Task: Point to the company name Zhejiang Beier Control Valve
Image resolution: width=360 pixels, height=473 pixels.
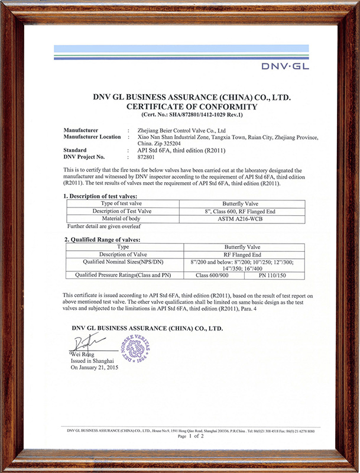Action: tap(180, 130)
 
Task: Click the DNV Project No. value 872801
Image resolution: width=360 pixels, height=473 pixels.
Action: tap(145, 157)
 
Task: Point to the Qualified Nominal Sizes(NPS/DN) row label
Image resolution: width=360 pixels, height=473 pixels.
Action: tap(123, 261)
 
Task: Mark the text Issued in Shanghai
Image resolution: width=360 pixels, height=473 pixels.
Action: tap(92, 360)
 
